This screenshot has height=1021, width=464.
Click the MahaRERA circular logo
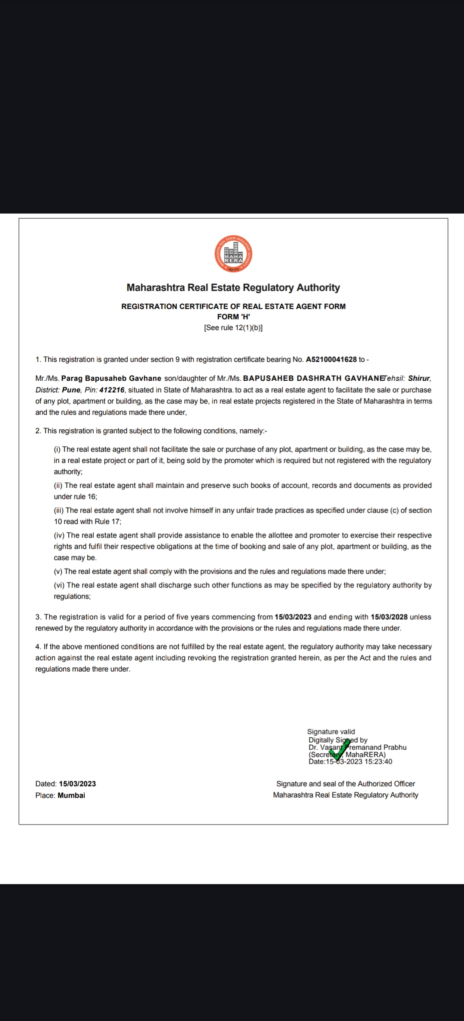[x=233, y=254]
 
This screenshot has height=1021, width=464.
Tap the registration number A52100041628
[x=331, y=359]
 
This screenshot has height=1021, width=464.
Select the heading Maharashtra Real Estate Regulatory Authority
[x=233, y=287]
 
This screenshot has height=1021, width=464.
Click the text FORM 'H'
[x=233, y=317]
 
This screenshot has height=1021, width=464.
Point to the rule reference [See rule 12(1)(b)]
[x=233, y=327]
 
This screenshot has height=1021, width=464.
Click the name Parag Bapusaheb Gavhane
[x=111, y=379]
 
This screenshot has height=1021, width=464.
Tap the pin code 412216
[x=112, y=390]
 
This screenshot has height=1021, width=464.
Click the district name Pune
[x=71, y=390]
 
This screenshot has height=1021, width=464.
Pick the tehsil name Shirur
[x=419, y=379]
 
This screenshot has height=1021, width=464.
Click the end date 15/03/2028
[x=389, y=617]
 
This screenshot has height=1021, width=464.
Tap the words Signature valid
[x=331, y=731]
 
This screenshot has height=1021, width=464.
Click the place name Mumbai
[x=71, y=795]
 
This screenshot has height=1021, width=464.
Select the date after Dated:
[x=77, y=784]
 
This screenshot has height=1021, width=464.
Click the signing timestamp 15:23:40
[x=378, y=762]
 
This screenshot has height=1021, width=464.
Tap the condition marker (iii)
[x=59, y=510]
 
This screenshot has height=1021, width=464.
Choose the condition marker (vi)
[x=59, y=585]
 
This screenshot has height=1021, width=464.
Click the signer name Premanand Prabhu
[x=376, y=747]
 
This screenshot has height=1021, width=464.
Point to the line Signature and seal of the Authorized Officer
[x=345, y=784]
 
